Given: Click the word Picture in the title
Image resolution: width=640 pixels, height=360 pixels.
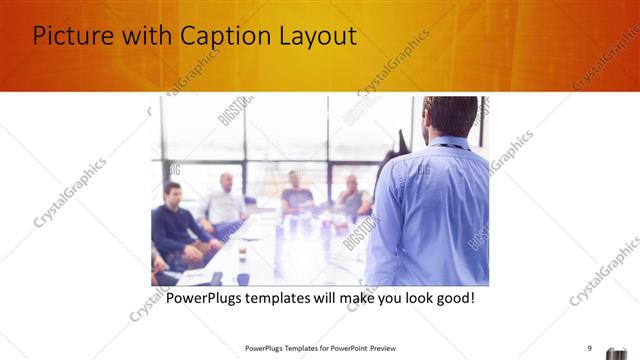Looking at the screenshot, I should (72, 36).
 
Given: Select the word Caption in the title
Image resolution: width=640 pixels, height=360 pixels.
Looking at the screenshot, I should (222, 36).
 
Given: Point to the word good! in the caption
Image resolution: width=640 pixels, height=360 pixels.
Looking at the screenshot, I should (451, 298).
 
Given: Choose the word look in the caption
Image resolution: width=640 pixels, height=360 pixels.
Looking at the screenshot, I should (404, 298).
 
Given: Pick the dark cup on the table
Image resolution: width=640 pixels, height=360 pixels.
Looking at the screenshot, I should (242, 279).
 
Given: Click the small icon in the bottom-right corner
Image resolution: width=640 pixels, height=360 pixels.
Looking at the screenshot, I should (619, 350).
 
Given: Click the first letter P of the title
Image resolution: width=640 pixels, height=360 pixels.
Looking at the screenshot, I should (41, 36).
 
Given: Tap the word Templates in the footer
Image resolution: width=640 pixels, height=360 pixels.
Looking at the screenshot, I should (289, 348).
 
